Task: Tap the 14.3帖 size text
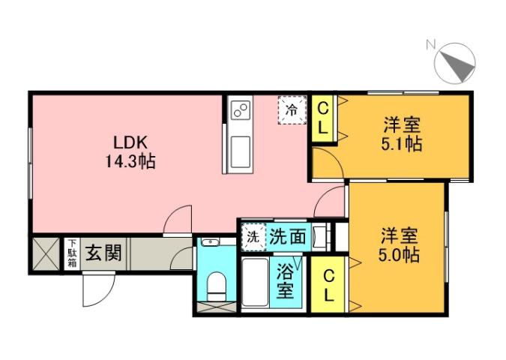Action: (x=130, y=160)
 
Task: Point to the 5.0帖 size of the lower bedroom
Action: (x=397, y=255)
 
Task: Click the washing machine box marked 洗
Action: (x=252, y=236)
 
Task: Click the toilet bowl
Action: (x=217, y=283)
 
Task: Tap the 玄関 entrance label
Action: (x=103, y=253)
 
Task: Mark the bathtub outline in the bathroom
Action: (x=256, y=283)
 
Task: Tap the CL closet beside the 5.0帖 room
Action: (x=328, y=286)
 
